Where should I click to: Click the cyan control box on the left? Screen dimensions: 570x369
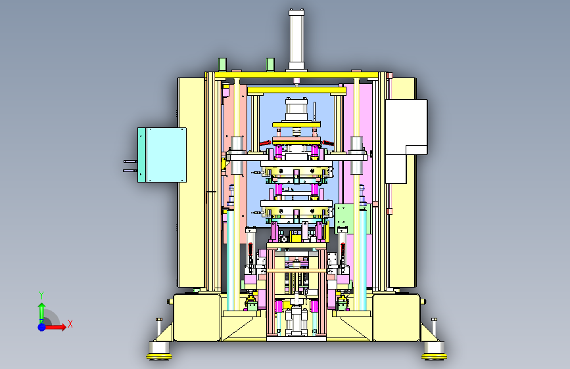(162, 155)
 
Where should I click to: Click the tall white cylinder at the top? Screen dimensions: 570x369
(297, 40)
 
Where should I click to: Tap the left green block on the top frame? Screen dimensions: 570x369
(222, 64)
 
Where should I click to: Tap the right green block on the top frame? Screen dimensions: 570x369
(270, 64)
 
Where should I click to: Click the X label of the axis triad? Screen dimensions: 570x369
(70, 324)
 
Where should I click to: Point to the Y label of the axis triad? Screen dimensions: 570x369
(41, 295)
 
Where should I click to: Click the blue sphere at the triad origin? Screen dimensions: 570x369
(42, 327)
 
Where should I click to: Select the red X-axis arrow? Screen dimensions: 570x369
(55, 327)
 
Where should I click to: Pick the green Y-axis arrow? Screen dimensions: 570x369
(42, 313)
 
